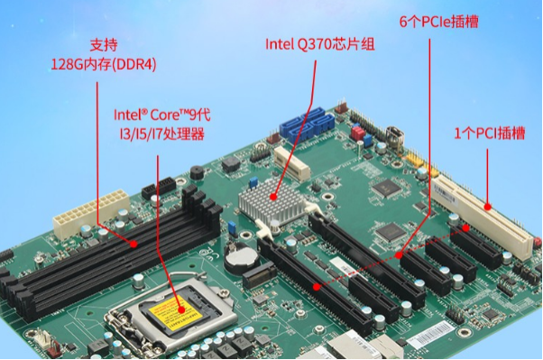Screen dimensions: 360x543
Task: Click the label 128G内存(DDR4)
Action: pyautogui.click(x=104, y=64)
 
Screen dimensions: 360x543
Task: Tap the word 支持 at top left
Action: pyautogui.click(x=104, y=44)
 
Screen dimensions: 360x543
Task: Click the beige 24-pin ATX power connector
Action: pyautogui.click(x=76, y=213)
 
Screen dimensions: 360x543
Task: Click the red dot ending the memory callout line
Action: pyautogui.click(x=134, y=244)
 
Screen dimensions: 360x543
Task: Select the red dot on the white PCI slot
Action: pyautogui.click(x=487, y=203)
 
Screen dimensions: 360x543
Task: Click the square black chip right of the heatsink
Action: pyautogui.click(x=387, y=188)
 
